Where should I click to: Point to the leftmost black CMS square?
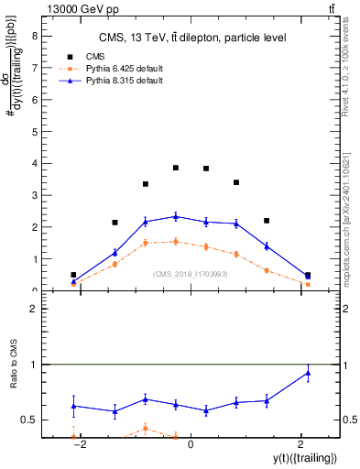pos(73,275)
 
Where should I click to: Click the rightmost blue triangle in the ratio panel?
pos(308,372)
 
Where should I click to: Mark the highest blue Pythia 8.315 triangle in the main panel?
pos(176,216)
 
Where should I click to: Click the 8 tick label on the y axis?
pos(34,37)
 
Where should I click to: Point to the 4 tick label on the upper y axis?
pos(34,164)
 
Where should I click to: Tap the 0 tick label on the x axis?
pos(190,444)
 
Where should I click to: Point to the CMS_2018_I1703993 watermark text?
pos(190,273)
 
